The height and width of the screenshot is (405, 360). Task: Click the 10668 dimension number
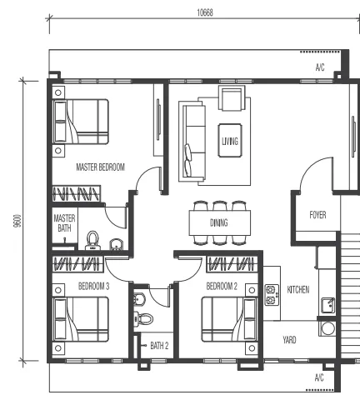tap(205, 12)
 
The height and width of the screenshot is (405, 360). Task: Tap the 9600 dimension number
tap(17, 221)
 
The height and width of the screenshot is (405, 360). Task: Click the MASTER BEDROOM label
tap(100, 167)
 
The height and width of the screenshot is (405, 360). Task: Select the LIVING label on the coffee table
tap(230, 142)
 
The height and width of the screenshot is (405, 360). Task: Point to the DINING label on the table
tap(219, 222)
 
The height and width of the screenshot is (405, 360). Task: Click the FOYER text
tap(317, 215)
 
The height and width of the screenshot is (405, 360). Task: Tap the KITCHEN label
tap(298, 290)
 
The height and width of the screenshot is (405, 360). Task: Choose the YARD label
tap(289, 340)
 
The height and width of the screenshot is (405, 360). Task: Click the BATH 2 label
tap(159, 346)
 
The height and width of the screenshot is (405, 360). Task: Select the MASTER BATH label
tap(64, 223)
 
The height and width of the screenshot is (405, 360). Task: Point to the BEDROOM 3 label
tap(93, 286)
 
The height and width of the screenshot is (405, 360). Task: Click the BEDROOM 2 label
tap(222, 286)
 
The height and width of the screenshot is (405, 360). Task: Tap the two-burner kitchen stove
tap(272, 295)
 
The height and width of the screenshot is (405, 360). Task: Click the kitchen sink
tap(328, 306)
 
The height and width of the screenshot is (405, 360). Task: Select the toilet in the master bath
tap(92, 241)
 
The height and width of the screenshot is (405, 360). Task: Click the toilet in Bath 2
tap(143, 318)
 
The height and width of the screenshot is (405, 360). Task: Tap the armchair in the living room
tap(232, 98)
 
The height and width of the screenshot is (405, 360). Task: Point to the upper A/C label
tap(320, 67)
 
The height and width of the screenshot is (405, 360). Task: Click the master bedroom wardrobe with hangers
tap(77, 193)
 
